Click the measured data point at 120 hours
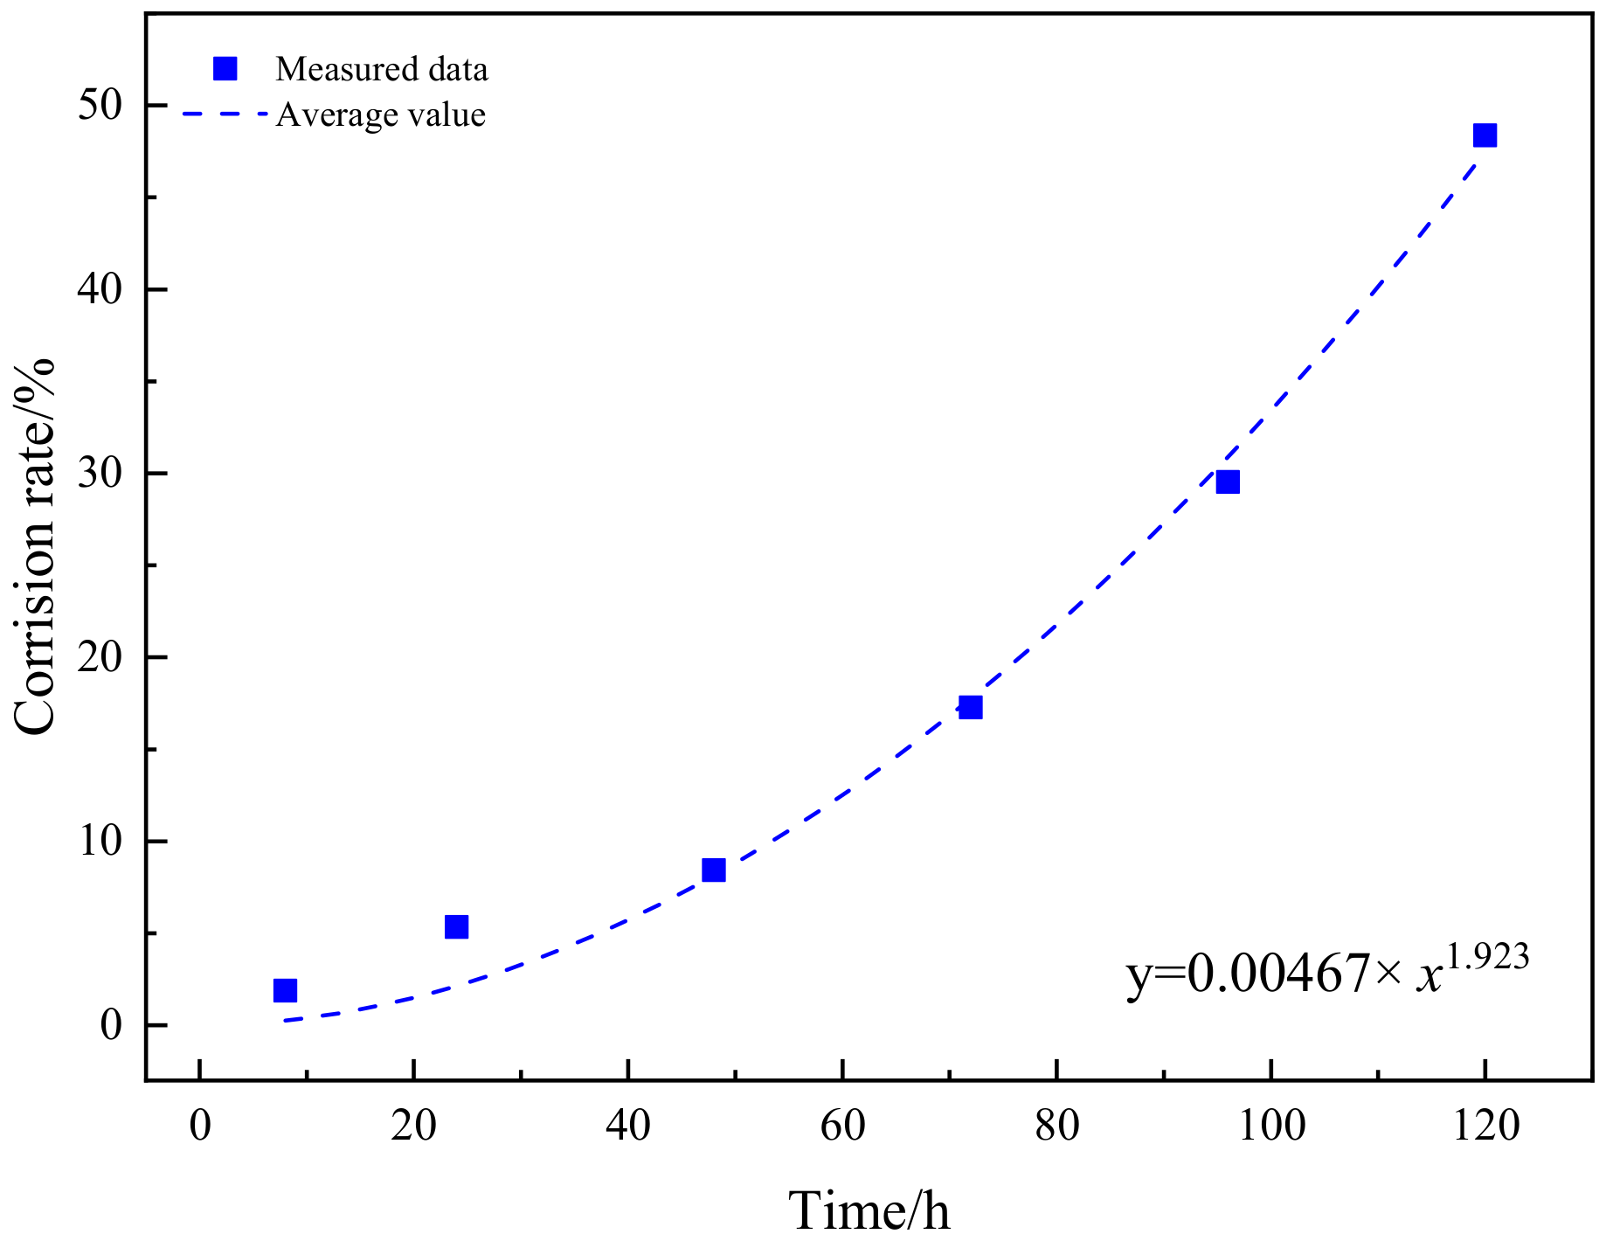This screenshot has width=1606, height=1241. click(1485, 135)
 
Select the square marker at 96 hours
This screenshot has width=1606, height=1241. click(1228, 482)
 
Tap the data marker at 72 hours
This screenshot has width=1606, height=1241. click(971, 707)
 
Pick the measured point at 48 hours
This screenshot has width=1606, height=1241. click(714, 870)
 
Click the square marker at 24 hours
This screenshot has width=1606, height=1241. click(457, 926)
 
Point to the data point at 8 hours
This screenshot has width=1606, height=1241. click(286, 990)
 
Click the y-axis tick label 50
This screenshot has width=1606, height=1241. click(100, 106)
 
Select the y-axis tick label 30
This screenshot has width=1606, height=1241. click(100, 474)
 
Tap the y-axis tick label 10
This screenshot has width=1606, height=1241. click(100, 842)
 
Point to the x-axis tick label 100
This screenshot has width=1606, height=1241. click(1271, 1127)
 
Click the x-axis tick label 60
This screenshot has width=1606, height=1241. click(842, 1127)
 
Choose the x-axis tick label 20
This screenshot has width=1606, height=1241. click(414, 1127)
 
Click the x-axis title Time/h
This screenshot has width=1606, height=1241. click(869, 1210)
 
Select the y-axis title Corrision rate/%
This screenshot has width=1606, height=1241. click(35, 547)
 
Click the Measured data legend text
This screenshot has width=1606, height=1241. click(381, 69)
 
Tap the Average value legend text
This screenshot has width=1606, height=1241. click(380, 114)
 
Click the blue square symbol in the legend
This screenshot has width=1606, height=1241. click(225, 69)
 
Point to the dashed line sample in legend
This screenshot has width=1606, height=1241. click(225, 114)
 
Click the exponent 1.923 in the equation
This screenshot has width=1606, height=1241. click(1488, 957)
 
